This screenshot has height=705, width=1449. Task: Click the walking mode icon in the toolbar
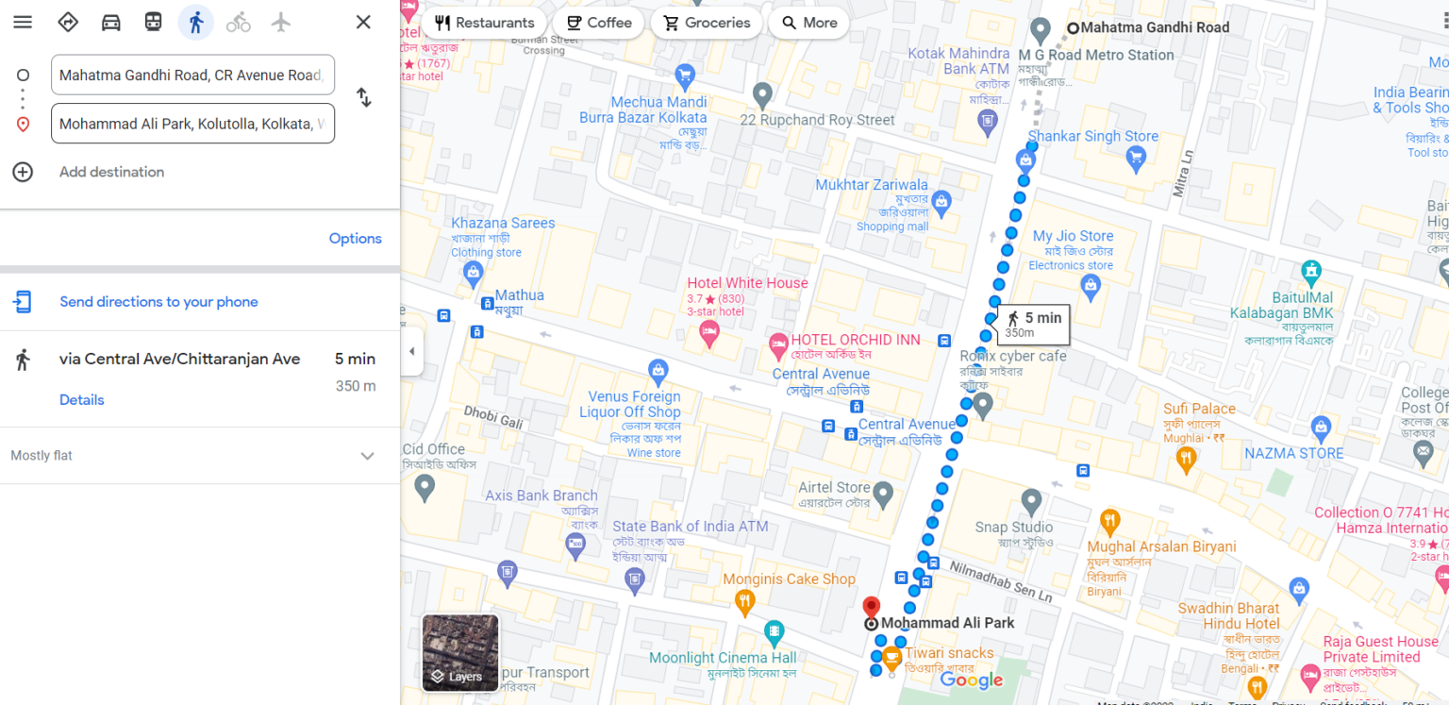[196, 23]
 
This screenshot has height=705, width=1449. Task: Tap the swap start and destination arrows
[363, 97]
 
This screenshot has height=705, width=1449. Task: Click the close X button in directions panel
[363, 23]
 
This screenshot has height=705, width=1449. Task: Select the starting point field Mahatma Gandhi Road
[192, 76]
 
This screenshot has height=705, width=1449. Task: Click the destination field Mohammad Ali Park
[192, 124]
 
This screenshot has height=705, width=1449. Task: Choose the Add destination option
[111, 172]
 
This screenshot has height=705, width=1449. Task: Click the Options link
[355, 239]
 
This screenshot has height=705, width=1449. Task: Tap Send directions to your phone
[158, 302]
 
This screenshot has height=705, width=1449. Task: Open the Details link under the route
[82, 400]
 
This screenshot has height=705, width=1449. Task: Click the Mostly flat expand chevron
[367, 456]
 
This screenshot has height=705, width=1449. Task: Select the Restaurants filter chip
[484, 23]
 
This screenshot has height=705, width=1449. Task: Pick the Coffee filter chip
[598, 23]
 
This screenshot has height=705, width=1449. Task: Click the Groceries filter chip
[707, 23]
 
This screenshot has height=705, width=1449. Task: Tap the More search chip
[808, 23]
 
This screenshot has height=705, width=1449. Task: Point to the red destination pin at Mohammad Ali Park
[872, 607]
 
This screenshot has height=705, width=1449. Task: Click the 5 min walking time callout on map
[1033, 324]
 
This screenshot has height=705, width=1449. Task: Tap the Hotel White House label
[747, 283]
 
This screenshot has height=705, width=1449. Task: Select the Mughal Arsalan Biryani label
[1161, 546]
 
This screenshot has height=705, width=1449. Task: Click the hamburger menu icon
[23, 23]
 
